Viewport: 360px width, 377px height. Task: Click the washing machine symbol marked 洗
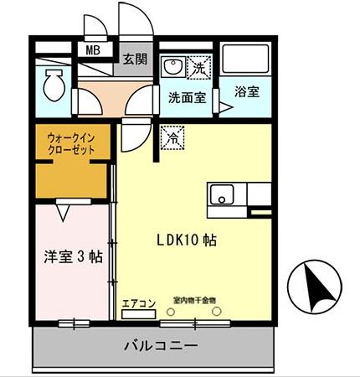click(x=200, y=65)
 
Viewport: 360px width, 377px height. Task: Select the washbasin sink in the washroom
click(x=173, y=66)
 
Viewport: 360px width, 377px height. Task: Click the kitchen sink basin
click(x=221, y=197)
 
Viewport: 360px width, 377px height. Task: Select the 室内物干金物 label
click(x=194, y=298)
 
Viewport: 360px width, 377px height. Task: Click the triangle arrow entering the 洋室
click(x=63, y=212)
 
